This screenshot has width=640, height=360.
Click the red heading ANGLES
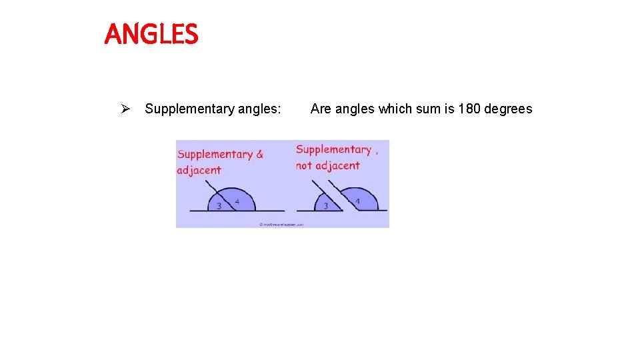click(151, 35)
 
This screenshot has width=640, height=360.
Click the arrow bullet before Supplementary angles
click(124, 109)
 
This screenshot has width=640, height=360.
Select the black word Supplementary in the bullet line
click(188, 109)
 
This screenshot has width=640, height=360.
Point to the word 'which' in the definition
click(395, 109)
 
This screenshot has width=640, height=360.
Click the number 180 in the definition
click(469, 109)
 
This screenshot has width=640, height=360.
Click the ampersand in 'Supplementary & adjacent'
click(259, 154)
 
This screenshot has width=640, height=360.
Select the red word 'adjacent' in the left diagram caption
click(199, 170)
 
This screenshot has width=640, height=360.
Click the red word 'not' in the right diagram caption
click(304, 165)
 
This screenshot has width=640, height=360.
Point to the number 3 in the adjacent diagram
click(219, 206)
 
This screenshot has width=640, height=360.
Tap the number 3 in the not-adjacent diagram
click(325, 205)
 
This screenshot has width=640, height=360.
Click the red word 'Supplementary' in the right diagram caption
click(333, 150)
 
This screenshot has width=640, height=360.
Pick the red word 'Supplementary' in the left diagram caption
click(215, 154)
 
